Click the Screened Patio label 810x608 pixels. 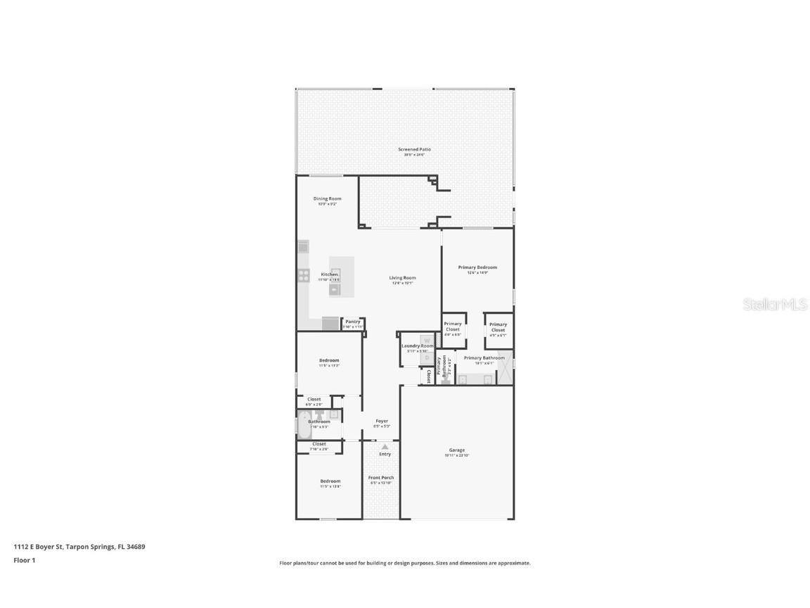(x=414, y=150)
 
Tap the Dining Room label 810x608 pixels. (x=327, y=199)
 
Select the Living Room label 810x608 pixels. (x=403, y=278)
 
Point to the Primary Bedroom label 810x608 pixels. (x=477, y=267)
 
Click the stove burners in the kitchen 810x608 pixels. (x=304, y=275)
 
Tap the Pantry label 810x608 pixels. (x=353, y=322)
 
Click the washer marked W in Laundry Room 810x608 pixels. (x=426, y=341)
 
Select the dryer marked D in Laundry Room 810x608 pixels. (x=426, y=357)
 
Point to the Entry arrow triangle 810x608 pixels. (x=385, y=446)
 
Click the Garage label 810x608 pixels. (x=457, y=450)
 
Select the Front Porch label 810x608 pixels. (x=381, y=478)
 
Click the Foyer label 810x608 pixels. (x=381, y=422)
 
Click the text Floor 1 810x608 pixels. (x=24, y=560)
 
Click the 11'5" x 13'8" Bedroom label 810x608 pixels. (x=330, y=481)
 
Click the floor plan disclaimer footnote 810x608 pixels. (x=405, y=563)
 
